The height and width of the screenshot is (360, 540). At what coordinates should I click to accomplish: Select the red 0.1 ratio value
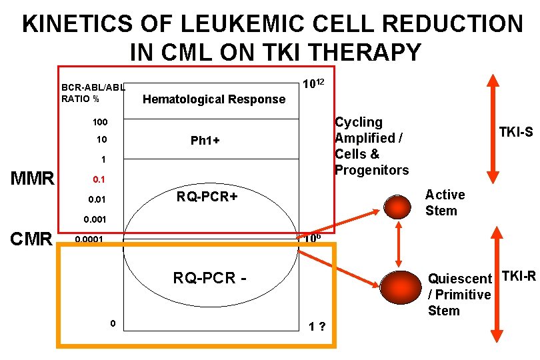99,180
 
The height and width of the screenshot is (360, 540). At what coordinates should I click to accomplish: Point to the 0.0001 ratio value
89,239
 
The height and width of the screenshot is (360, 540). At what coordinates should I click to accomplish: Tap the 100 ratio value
99,123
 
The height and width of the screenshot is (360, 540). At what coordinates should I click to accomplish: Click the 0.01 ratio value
97,200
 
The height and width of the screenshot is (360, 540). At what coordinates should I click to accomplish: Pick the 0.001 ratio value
95,219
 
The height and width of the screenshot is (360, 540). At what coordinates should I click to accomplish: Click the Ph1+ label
205,141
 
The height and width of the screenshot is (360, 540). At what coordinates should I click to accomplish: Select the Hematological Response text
214,99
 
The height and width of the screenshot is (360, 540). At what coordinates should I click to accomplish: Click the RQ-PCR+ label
207,197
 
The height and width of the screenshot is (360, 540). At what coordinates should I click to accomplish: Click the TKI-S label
516,133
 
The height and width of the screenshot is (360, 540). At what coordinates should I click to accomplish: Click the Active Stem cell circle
399,206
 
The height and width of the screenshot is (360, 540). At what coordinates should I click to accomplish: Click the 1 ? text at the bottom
316,327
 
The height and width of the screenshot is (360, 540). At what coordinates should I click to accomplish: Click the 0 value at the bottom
113,323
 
